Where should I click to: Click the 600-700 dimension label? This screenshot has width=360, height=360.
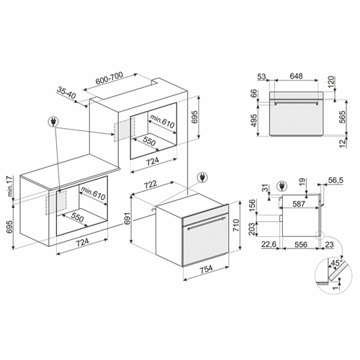click(109, 78)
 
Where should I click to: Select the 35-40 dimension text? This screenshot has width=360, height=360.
click(66, 92)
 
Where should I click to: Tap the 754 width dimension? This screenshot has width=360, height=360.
click(207, 269)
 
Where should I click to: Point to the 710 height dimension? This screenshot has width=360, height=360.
click(236, 225)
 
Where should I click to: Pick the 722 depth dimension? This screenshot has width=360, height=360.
click(150, 185)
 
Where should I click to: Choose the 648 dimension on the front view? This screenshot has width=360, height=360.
click(296, 76)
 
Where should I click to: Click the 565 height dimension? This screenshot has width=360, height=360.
click(343, 117)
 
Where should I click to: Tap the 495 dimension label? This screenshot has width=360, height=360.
click(253, 120)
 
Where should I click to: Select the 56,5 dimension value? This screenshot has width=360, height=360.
click(336, 180)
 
